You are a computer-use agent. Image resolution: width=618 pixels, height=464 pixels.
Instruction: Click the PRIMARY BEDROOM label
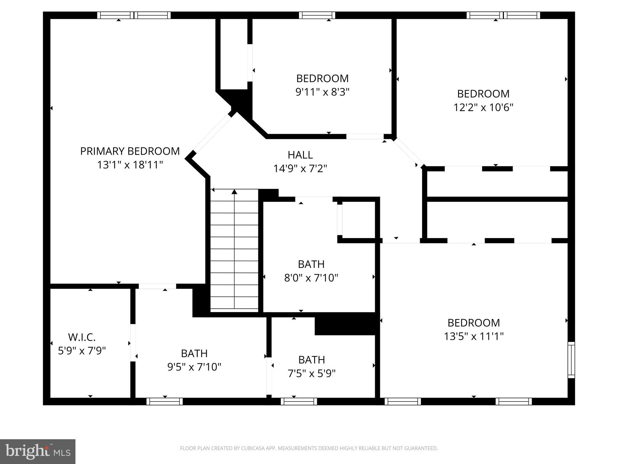pyautogui.click(x=130, y=151)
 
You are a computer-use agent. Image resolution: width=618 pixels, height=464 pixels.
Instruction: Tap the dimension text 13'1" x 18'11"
pyautogui.click(x=130, y=165)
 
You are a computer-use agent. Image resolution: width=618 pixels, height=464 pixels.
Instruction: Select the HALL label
pyautogui.click(x=300, y=155)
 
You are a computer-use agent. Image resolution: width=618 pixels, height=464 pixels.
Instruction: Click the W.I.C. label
pyautogui.click(x=81, y=337)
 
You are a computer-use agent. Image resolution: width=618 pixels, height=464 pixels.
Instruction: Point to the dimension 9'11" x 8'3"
pyautogui.click(x=322, y=92)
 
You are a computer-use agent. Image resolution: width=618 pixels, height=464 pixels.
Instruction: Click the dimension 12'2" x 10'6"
pyautogui.click(x=483, y=108)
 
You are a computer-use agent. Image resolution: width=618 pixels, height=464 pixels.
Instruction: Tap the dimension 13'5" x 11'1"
pyautogui.click(x=473, y=336)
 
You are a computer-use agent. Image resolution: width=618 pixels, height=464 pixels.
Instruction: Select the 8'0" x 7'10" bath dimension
pyautogui.click(x=311, y=278)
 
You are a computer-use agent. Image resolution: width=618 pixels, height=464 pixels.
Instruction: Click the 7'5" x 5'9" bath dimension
pyautogui.click(x=311, y=374)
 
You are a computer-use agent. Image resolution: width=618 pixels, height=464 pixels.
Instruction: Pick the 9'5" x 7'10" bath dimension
pyautogui.click(x=194, y=367)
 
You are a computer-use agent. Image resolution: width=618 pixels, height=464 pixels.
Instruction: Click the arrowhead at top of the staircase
pyautogui.click(x=234, y=192)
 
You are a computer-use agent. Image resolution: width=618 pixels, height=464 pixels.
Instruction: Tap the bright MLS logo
pyautogui.click(x=38, y=452)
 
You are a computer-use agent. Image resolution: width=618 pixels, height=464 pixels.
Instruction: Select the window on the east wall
pyautogui.click(x=571, y=360)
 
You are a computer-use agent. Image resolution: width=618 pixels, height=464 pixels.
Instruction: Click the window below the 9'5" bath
pyautogui.click(x=164, y=401)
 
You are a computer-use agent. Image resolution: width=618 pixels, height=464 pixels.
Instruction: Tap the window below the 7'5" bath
pyautogui.click(x=299, y=401)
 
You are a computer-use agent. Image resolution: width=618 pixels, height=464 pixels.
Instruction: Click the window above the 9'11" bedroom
pyautogui.click(x=317, y=15)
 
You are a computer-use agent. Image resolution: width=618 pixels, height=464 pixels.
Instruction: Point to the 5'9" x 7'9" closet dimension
pyautogui.click(x=81, y=351)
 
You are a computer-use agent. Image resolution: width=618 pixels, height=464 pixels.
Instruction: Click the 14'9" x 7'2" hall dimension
pyautogui.click(x=300, y=169)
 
